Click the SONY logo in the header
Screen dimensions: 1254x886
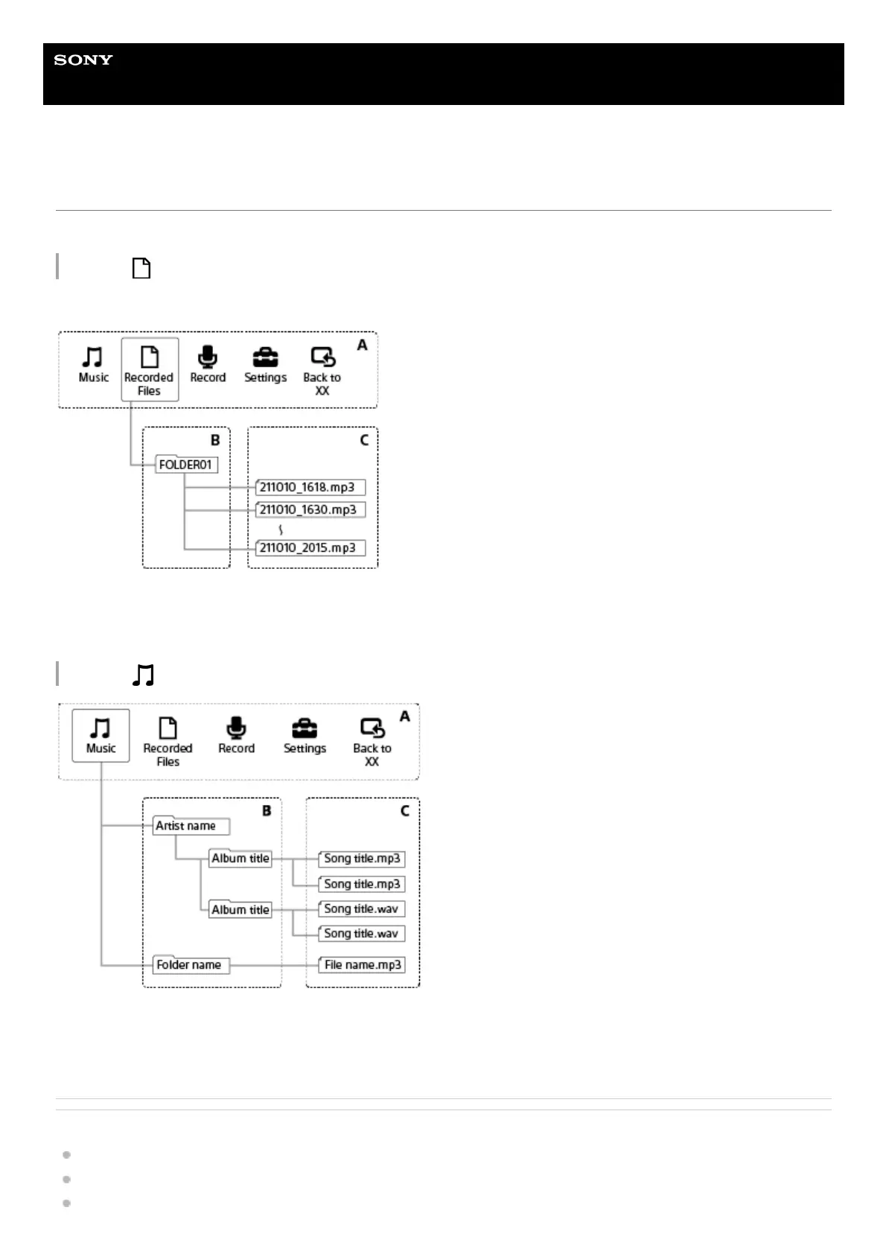pyautogui.click(x=83, y=60)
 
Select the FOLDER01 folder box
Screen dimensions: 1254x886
pyautogui.click(x=186, y=465)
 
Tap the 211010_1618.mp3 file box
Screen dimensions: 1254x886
pyautogui.click(x=310, y=488)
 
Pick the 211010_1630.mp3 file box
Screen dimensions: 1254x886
pyautogui.click(x=310, y=510)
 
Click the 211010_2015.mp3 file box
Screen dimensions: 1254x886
pyautogui.click(x=310, y=548)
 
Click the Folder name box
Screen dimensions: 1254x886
pyautogui.click(x=191, y=965)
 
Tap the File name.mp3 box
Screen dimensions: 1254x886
pyautogui.click(x=363, y=965)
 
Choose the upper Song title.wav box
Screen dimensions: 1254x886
pyautogui.click(x=363, y=909)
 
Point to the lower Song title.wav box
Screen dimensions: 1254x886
pyautogui.click(x=363, y=934)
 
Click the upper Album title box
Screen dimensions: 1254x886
pyautogui.click(x=240, y=859)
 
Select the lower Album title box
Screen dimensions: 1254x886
pyautogui.click(x=240, y=910)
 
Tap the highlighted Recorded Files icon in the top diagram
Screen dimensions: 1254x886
pyautogui.click(x=150, y=369)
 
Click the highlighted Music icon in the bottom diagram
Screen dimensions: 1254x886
pyautogui.click(x=101, y=735)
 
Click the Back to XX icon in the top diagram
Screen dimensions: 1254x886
pyautogui.click(x=322, y=357)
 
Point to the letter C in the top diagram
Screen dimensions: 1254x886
pyautogui.click(x=364, y=440)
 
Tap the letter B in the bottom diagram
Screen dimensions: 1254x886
pyautogui.click(x=267, y=811)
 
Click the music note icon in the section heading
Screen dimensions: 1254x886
pyautogui.click(x=143, y=675)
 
